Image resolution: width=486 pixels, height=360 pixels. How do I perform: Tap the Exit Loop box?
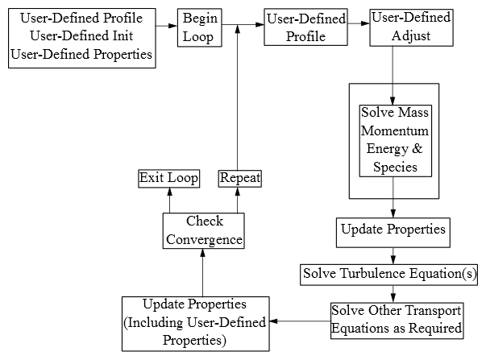coord(168,178)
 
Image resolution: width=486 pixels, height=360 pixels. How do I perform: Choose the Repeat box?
coord(240,178)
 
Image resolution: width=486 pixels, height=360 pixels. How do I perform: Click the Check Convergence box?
coord(203,230)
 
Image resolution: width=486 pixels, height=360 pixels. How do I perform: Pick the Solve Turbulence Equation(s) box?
coord(390,275)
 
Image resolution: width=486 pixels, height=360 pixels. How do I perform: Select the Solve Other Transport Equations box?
coord(397,320)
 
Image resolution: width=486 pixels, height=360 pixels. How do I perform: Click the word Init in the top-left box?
coord(123,35)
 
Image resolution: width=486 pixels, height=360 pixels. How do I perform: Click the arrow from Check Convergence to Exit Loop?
coord(169,200)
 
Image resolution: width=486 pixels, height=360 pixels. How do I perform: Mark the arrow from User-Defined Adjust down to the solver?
coord(393,72)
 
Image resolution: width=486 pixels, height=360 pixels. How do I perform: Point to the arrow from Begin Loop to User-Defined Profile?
coord(243,25)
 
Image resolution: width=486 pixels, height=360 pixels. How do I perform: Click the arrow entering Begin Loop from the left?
coord(167,25)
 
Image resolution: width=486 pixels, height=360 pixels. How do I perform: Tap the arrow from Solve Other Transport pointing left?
coord(300,321)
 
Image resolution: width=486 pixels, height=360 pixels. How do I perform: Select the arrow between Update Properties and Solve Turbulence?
coord(393,255)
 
